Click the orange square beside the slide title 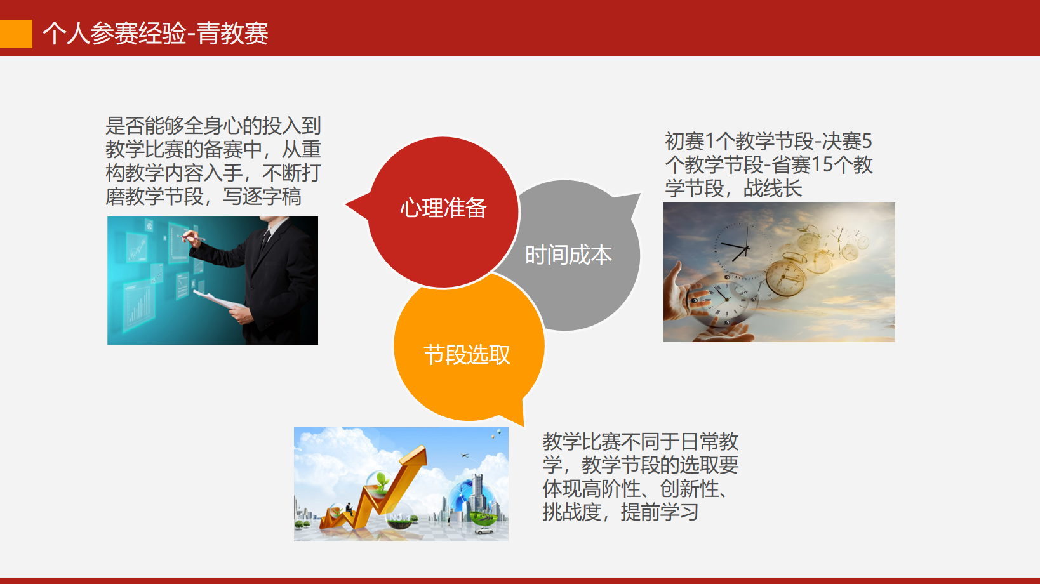(x=16, y=34)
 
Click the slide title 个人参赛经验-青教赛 (x=156, y=34)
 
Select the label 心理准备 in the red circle (x=443, y=208)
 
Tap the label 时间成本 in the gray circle (x=568, y=255)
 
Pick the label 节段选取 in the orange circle (x=467, y=355)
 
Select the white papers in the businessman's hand (x=218, y=300)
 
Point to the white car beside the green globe (x=484, y=530)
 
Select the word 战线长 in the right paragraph (x=773, y=189)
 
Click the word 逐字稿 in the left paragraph (x=272, y=196)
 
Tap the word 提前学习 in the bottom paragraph (x=659, y=512)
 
